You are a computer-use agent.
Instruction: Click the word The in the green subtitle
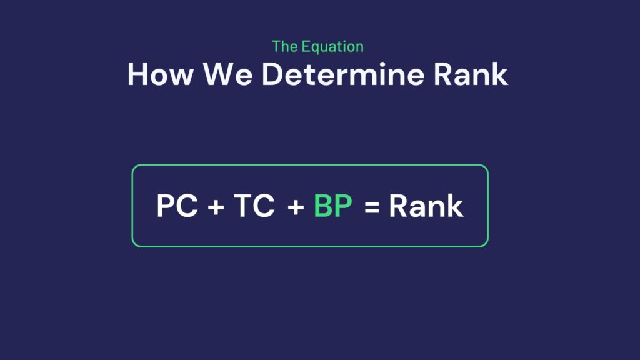click(x=284, y=46)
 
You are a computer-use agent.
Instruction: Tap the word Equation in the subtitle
click(x=332, y=46)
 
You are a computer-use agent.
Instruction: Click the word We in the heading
click(x=227, y=74)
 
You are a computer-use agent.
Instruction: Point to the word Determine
click(x=343, y=74)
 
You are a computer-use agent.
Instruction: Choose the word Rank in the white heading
click(x=471, y=74)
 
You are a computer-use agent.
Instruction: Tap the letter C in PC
click(x=186, y=205)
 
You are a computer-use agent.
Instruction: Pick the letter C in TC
click(x=263, y=205)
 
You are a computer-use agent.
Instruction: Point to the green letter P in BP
click(x=343, y=205)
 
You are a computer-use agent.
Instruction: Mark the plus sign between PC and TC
click(x=216, y=207)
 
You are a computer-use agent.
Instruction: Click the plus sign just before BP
click(x=296, y=207)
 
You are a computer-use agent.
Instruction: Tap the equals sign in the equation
click(x=372, y=207)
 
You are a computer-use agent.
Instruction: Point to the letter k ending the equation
click(x=455, y=205)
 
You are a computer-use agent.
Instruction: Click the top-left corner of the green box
click(x=132, y=165)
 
